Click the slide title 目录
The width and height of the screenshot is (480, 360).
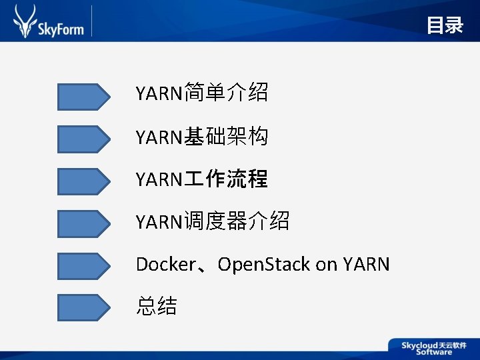point(445,25)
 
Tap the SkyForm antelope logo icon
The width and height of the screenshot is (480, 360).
point(25,21)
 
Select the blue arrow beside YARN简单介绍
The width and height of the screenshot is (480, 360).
point(83,97)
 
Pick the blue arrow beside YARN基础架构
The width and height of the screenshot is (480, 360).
point(83,139)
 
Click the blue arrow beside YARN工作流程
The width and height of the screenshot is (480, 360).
point(83,181)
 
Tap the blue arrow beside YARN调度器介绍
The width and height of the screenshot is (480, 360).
point(83,223)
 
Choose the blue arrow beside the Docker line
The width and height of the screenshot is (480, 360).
point(83,265)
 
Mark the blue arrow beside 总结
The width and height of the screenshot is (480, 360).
point(83,307)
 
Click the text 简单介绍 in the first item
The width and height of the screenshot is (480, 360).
point(225,93)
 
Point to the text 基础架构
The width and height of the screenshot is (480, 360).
point(225,137)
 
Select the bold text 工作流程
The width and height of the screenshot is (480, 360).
point(225,179)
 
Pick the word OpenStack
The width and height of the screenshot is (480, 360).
point(264,265)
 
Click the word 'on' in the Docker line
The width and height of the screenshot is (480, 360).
point(326,265)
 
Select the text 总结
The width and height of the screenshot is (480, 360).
point(157,306)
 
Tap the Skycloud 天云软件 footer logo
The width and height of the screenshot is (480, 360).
point(433,347)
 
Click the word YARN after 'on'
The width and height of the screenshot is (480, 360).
point(366,265)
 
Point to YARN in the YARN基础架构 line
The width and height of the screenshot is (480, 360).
point(159,138)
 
